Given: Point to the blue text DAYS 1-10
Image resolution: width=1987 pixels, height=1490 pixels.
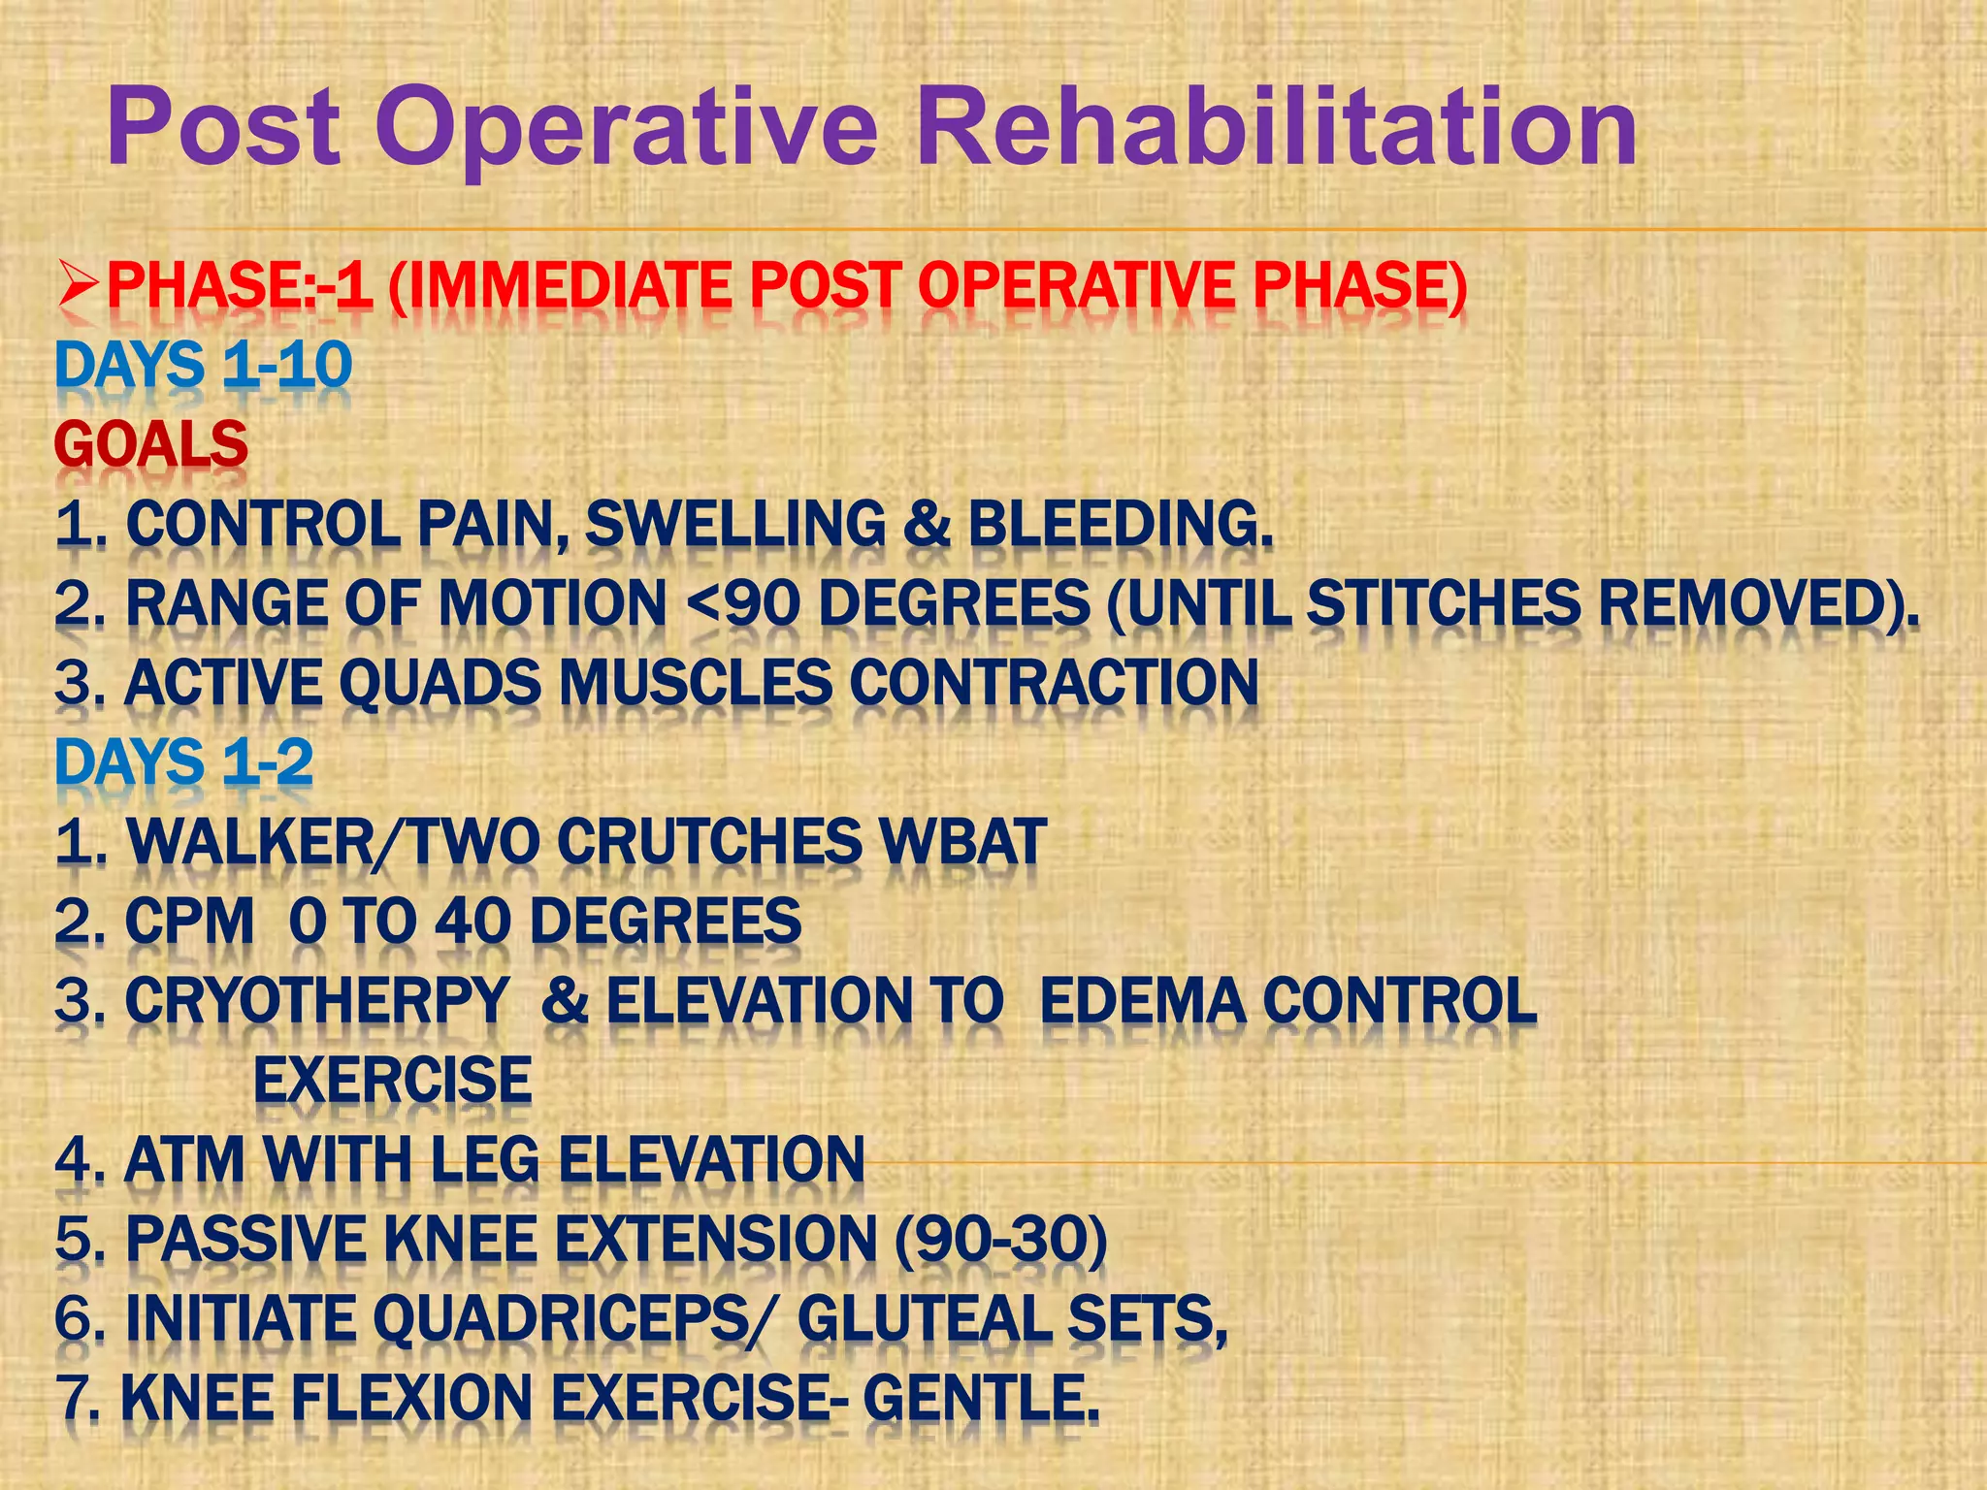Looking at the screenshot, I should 203,367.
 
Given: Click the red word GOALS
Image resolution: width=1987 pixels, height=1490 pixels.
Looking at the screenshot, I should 151,444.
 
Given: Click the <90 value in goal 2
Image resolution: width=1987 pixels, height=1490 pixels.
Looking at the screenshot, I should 742,603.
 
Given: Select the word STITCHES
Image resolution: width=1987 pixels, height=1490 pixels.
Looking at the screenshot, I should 1444,603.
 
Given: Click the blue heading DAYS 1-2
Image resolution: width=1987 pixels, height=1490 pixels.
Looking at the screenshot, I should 184,762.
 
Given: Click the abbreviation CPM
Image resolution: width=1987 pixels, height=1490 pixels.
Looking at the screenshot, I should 189,922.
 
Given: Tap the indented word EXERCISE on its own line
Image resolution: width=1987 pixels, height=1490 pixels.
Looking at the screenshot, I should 392,1081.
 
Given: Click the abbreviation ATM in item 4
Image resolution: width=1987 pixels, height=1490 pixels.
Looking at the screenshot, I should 184,1160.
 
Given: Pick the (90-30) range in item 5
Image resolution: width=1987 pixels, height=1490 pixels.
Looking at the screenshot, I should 1000,1240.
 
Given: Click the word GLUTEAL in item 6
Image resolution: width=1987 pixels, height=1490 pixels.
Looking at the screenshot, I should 923,1319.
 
